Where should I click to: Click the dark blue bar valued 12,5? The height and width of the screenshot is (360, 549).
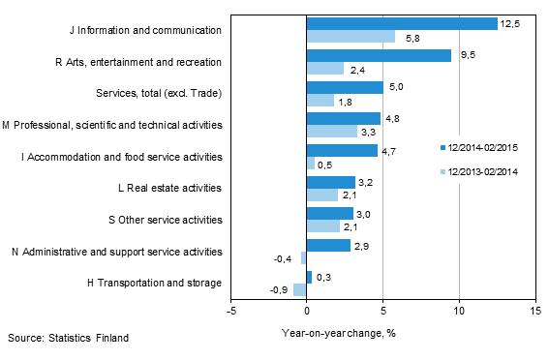point(402,23)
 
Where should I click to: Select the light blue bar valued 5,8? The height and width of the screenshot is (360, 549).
point(351,37)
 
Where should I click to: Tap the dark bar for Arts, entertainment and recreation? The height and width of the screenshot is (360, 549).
point(379,55)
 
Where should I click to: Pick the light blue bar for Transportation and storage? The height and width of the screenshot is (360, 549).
point(300,289)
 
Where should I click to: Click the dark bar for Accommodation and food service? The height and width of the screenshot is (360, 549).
point(342,150)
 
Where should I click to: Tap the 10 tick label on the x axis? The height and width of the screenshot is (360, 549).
point(458,312)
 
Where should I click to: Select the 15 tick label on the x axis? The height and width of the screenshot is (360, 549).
point(534,312)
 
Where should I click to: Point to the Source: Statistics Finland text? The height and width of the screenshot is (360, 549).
point(68,338)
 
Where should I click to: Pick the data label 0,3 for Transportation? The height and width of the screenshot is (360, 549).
point(324,277)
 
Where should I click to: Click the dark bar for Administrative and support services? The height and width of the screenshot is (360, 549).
point(328,245)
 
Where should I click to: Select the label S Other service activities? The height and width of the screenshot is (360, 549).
point(170,220)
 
